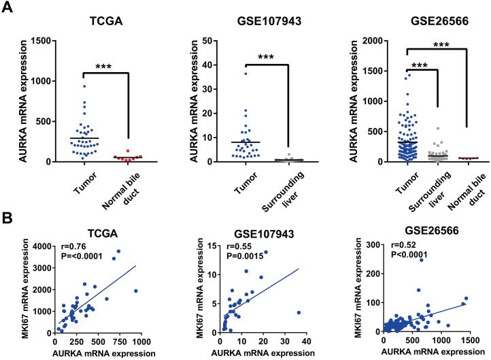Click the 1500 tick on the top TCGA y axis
45,42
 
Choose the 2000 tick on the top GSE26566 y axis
364,42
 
